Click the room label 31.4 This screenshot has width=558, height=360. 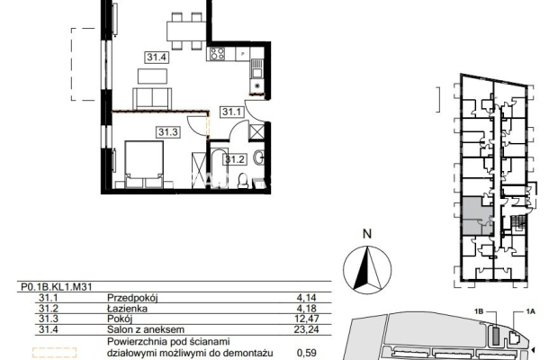[157, 57]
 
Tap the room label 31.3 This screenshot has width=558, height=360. [167, 132]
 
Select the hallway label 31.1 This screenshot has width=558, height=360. [231, 112]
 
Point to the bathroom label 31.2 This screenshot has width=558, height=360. [235, 159]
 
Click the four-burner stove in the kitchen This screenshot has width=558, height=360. [217, 54]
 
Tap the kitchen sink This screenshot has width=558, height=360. [256, 69]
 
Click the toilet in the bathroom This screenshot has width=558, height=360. [244, 180]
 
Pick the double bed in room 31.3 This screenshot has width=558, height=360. [144, 165]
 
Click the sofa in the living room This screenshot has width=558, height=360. [152, 98]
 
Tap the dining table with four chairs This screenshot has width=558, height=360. [186, 31]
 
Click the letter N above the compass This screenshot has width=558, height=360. [367, 234]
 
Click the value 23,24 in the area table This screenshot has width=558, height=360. [306, 329]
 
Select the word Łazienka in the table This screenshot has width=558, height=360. [128, 309]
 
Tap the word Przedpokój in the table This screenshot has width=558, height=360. [132, 298]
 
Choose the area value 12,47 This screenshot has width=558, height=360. [307, 319]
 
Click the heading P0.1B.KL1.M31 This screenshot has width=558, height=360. [57, 287]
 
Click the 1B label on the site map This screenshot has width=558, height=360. [479, 312]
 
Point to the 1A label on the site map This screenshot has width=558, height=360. [531, 312]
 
